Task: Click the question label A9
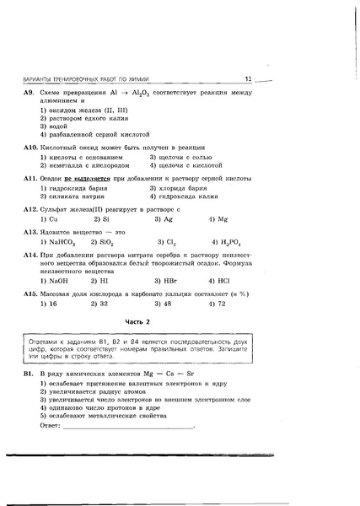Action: coord(28,92)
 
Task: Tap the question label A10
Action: coord(30,146)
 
